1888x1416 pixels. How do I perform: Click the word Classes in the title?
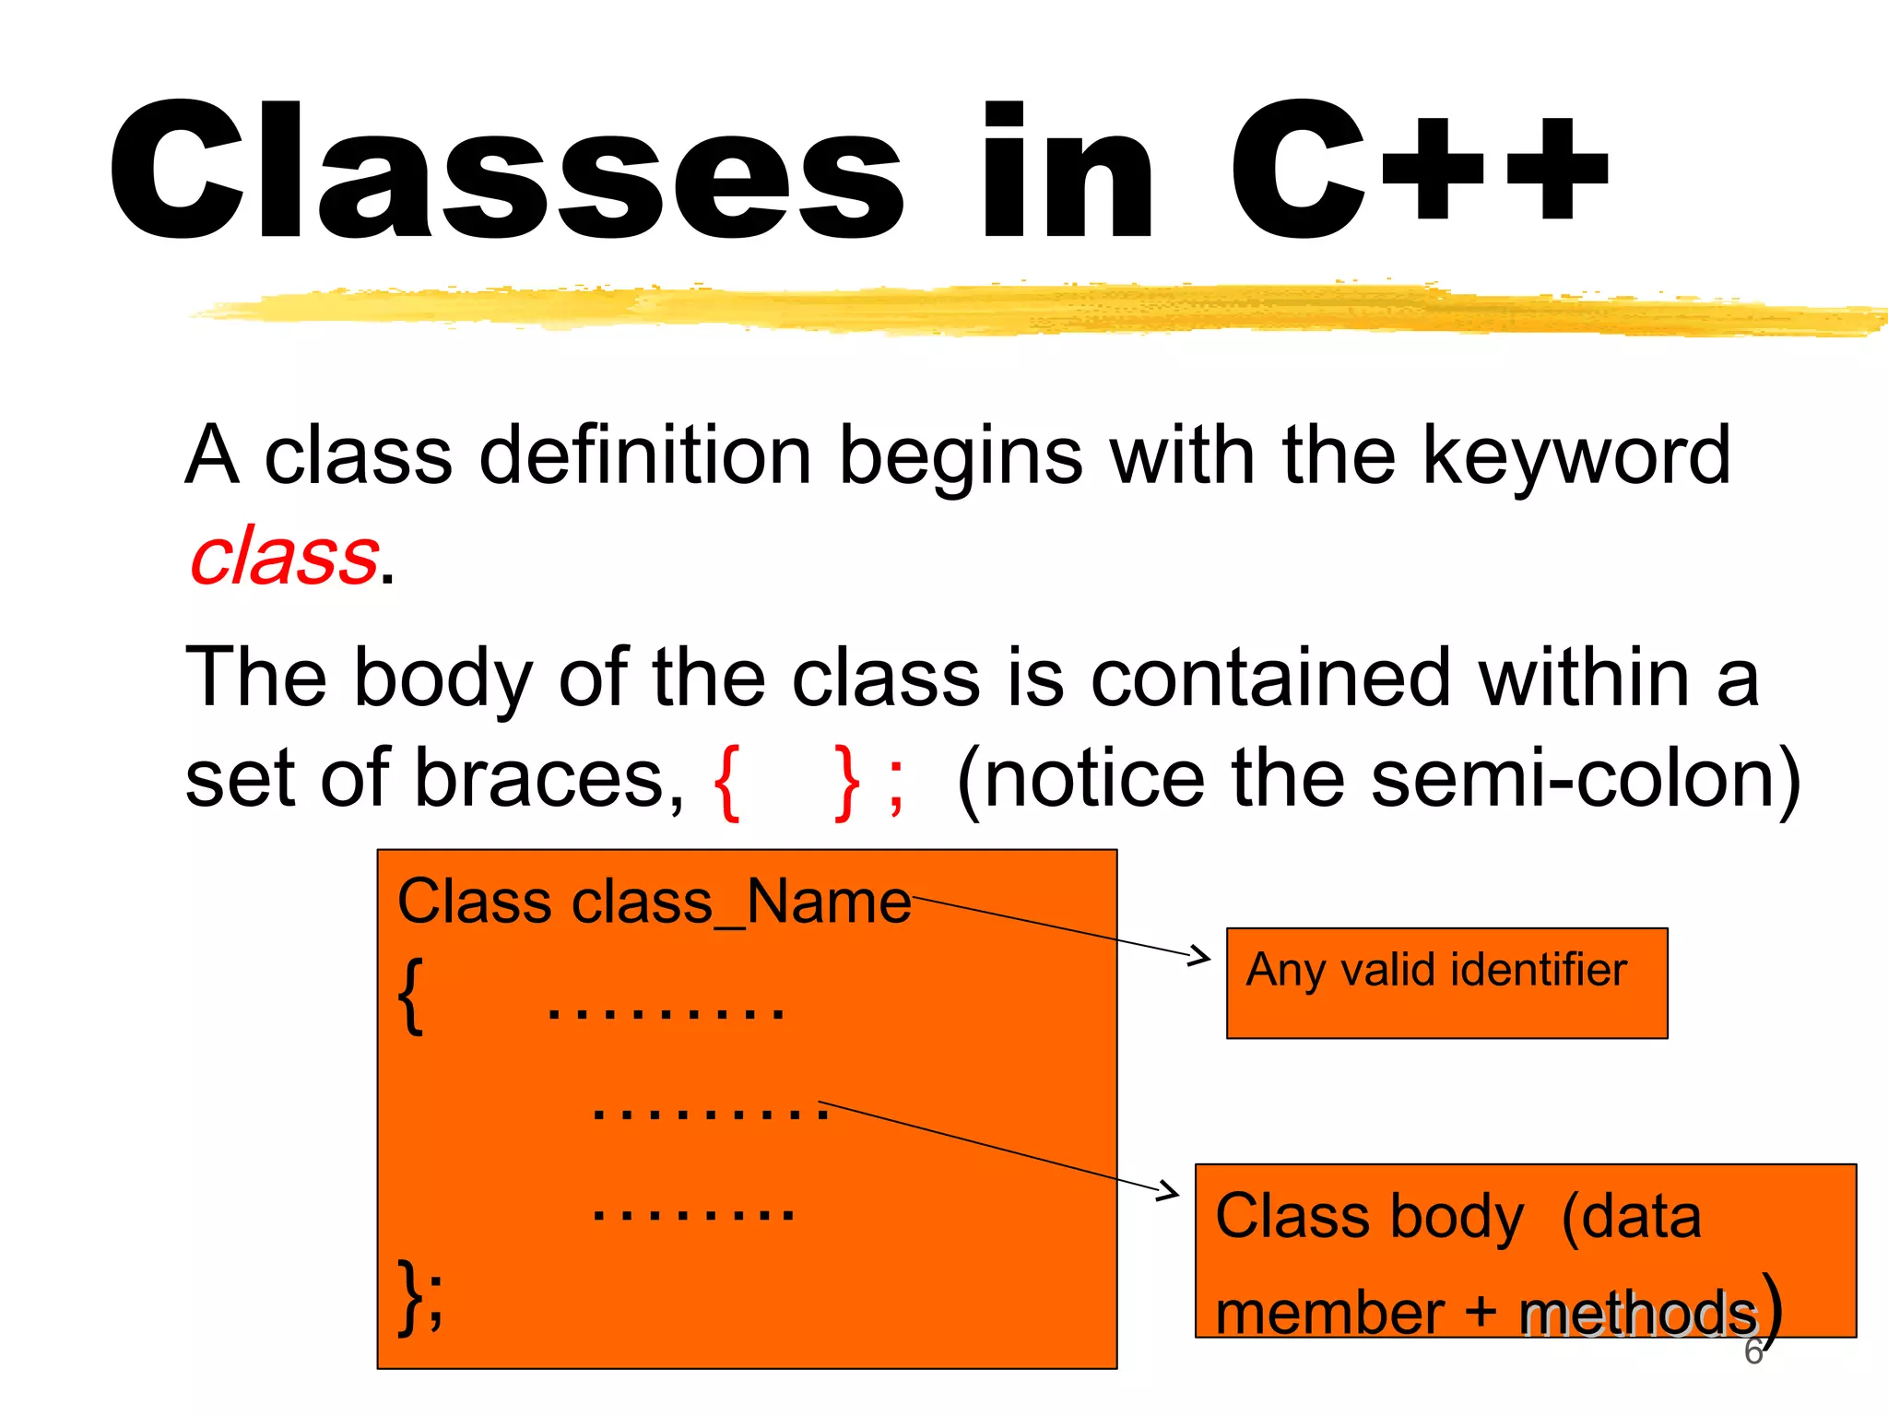pyautogui.click(x=505, y=171)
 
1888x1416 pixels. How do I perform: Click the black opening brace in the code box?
pyautogui.click(x=411, y=996)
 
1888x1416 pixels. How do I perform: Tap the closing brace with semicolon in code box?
pyautogui.click(x=420, y=1296)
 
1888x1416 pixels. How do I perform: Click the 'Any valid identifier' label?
pyautogui.click(x=1436, y=970)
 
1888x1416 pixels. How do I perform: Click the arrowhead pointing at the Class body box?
pyautogui.click(x=1169, y=1191)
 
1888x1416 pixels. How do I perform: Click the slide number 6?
pyautogui.click(x=1752, y=1352)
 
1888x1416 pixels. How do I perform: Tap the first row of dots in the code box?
pyautogui.click(x=666, y=1012)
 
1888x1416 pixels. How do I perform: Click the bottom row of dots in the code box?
pyautogui.click(x=693, y=1213)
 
